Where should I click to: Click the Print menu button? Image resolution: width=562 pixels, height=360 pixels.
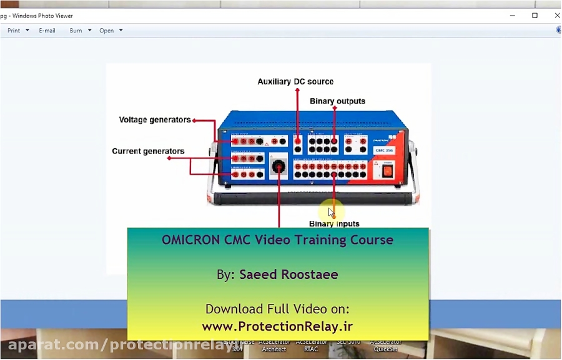(x=17, y=31)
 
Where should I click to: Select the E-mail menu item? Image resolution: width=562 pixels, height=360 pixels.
(x=47, y=31)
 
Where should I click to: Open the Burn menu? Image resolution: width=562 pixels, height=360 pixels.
(x=79, y=31)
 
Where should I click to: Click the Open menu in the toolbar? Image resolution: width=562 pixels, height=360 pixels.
(x=110, y=31)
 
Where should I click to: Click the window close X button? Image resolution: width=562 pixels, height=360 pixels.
(x=557, y=16)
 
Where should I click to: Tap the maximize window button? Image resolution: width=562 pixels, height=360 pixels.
(x=535, y=16)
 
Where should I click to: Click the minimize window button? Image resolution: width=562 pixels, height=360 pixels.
(x=512, y=16)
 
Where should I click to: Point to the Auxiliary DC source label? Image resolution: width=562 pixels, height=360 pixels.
(x=295, y=82)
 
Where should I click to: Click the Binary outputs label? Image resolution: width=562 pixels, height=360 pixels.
(x=337, y=101)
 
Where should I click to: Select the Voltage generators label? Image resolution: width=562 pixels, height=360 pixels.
(x=155, y=120)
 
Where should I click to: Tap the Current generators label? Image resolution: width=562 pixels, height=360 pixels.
(x=148, y=151)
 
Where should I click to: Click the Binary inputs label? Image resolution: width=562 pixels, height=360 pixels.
(x=334, y=223)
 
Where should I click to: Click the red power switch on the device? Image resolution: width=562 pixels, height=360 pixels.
(x=388, y=170)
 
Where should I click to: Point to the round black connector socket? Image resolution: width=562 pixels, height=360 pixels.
(x=279, y=167)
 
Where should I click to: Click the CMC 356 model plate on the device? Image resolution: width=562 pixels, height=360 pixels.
(x=383, y=150)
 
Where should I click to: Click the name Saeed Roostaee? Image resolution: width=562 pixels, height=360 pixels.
(x=288, y=275)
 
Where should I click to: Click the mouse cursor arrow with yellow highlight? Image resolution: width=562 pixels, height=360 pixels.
(x=331, y=212)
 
